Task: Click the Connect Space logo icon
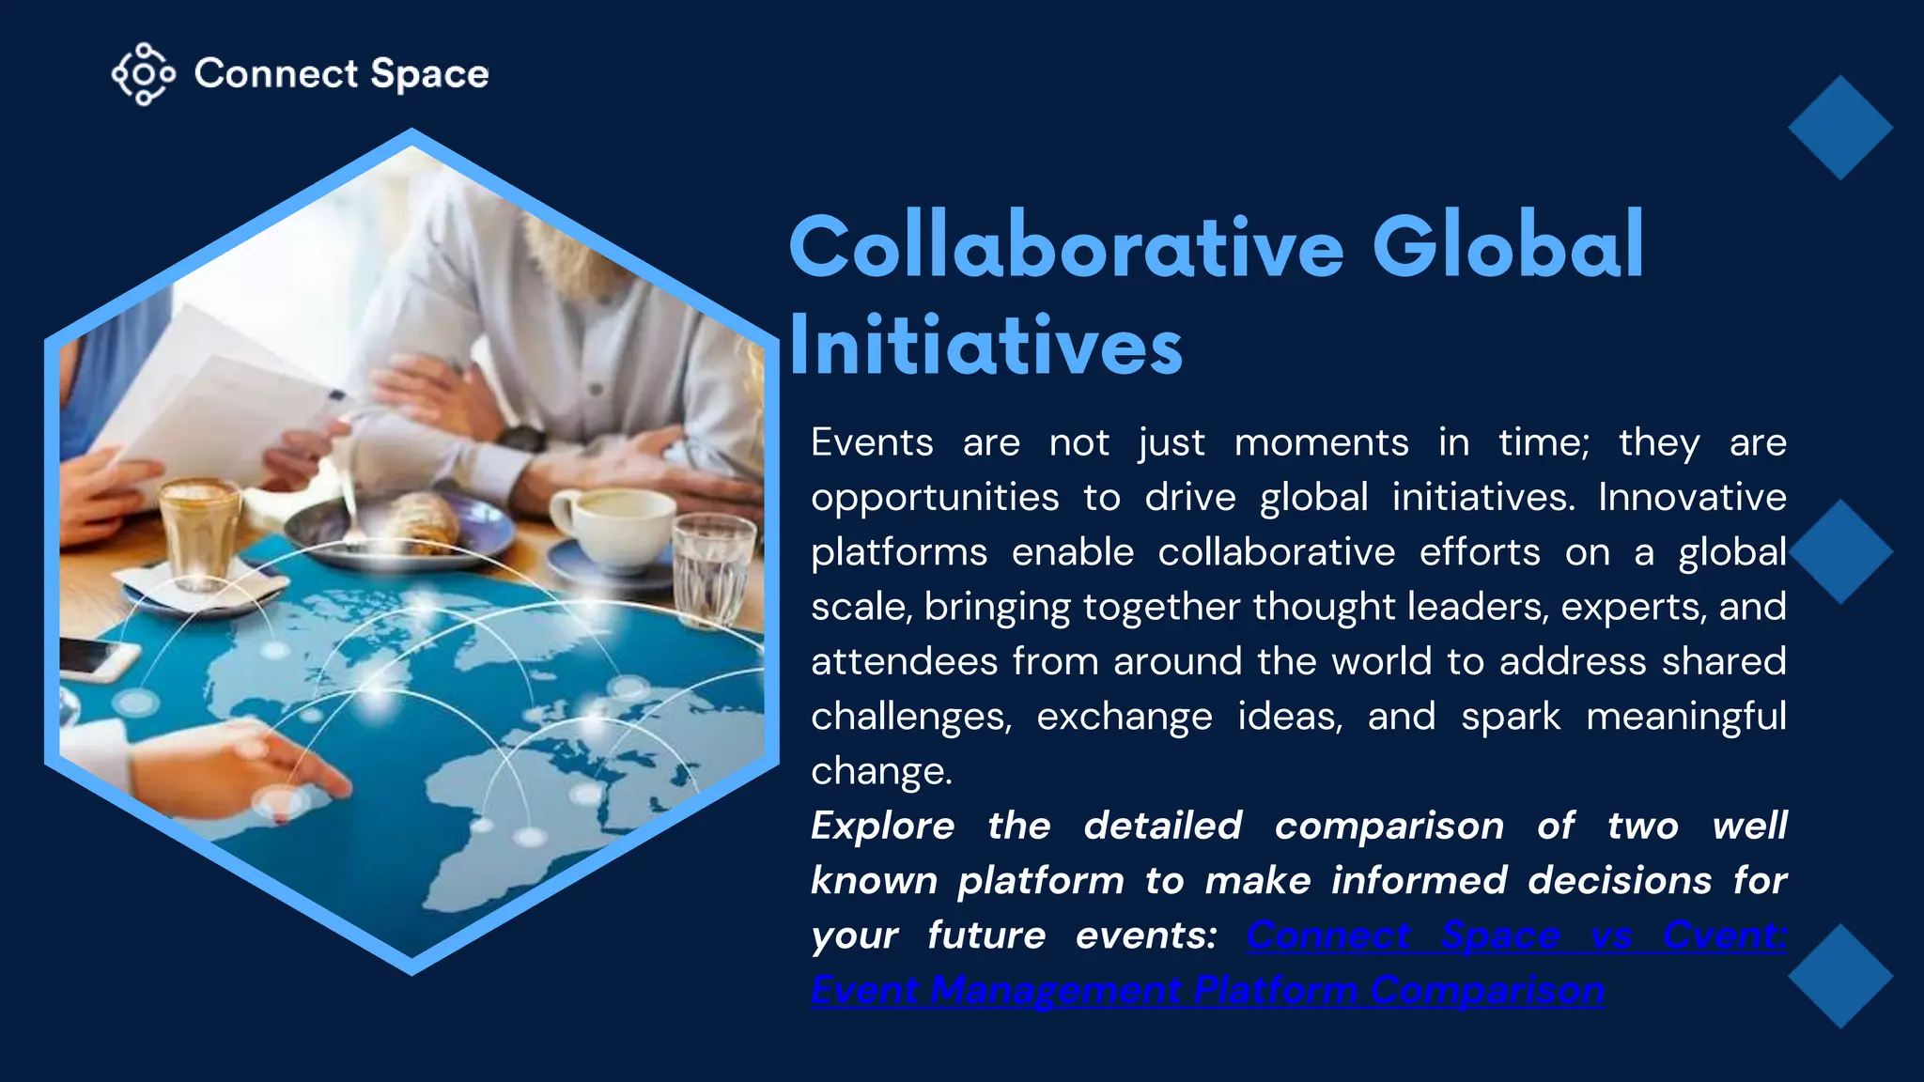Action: coord(143,73)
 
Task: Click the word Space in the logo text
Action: coord(429,74)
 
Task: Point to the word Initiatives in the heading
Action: coord(985,347)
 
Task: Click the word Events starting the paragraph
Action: coord(872,442)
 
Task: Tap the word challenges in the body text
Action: coord(910,717)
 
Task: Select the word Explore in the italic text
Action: coord(882,827)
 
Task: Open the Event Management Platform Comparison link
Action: coord(1207,990)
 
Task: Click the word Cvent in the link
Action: coord(1724,935)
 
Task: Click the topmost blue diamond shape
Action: coord(1839,128)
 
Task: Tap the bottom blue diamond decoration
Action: coord(1839,976)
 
